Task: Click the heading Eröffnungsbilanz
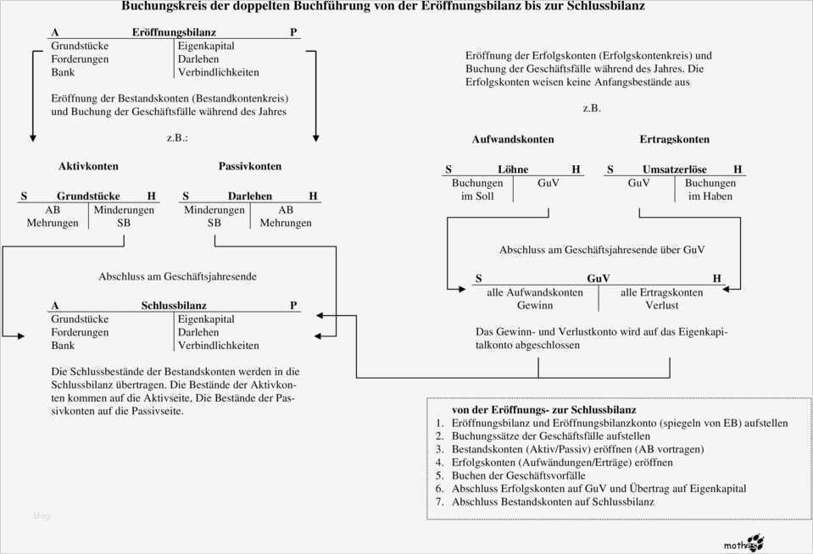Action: click(174, 32)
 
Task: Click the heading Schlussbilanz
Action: click(174, 306)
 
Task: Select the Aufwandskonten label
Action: click(513, 139)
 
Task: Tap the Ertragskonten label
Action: click(674, 139)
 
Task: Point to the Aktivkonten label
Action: click(88, 166)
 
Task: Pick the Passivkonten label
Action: click(250, 166)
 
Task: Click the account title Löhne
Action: click(513, 169)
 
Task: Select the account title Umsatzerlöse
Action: click(674, 169)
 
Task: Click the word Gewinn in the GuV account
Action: click(535, 305)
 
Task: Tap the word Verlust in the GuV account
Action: click(661, 305)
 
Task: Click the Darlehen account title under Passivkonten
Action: click(250, 197)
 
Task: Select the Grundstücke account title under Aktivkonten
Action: click(88, 197)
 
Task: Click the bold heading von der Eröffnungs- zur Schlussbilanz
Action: click(544, 409)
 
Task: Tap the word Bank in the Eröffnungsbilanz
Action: click(63, 73)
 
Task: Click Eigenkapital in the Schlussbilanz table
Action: click(206, 319)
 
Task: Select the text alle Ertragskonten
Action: click(661, 292)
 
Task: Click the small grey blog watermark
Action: click(42, 515)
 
